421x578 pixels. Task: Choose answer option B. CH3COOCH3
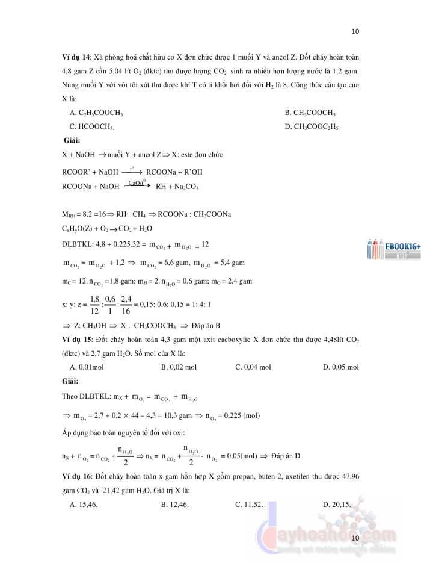(x=310, y=113)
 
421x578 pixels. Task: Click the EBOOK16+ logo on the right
(x=392, y=246)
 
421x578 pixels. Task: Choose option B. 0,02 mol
(x=179, y=367)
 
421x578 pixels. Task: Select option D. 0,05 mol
(x=340, y=367)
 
